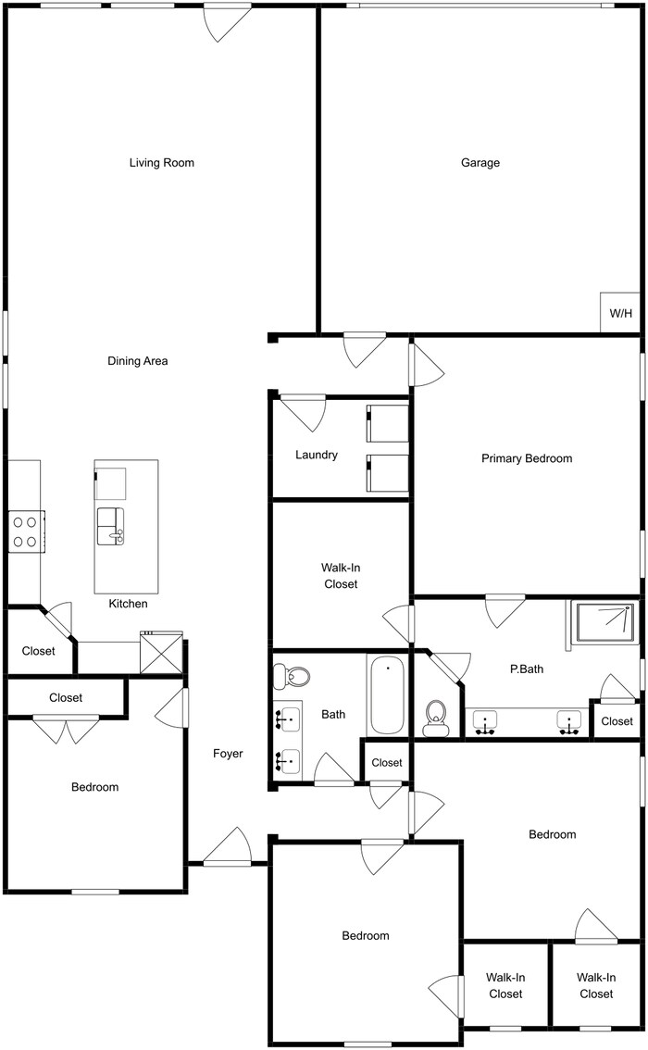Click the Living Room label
click(x=162, y=163)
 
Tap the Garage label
click(x=480, y=163)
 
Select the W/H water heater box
click(x=620, y=313)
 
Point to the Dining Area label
click(x=138, y=361)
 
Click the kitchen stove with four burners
click(x=25, y=531)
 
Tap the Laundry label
click(x=316, y=455)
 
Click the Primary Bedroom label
click(x=526, y=458)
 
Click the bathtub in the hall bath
click(x=386, y=694)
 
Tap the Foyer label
click(x=228, y=754)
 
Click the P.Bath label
click(x=526, y=669)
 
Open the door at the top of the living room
click(x=227, y=20)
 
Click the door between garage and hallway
click(x=364, y=346)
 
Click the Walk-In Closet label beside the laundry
click(x=339, y=576)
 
